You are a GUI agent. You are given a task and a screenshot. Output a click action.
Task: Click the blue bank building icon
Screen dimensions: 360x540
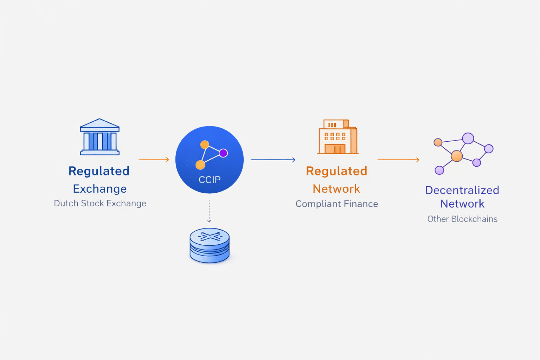pos(99,137)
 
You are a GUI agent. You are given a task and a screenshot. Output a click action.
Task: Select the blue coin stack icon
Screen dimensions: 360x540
pos(210,245)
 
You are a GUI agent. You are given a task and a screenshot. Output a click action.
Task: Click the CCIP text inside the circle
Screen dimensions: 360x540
pos(210,180)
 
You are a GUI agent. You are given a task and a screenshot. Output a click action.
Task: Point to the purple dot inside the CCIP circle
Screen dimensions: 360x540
pos(223,153)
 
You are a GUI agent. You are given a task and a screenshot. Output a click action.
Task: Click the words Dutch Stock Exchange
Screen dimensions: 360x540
pos(100,203)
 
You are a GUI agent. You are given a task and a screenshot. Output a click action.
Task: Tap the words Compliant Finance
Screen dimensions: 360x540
pos(336,204)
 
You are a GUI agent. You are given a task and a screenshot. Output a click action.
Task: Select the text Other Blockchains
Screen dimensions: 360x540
pos(462,219)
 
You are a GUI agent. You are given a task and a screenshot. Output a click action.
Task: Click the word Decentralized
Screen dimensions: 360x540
pos(462,190)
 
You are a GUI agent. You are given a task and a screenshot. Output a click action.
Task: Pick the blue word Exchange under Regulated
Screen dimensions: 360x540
pos(100,189)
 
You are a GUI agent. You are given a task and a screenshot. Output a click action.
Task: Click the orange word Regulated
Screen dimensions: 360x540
pos(336,171)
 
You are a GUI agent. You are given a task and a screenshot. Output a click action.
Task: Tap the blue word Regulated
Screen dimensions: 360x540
pos(99,171)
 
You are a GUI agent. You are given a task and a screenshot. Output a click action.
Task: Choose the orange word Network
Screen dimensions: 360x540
pos(336,189)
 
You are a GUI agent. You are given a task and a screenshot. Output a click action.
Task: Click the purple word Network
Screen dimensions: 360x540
pos(462,204)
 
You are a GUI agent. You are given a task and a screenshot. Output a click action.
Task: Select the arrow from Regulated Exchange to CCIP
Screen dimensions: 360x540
pos(154,160)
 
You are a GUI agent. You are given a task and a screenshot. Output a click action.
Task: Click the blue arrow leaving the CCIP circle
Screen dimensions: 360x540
pos(273,160)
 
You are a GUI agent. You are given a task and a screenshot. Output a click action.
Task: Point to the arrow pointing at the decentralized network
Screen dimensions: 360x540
pos(398,160)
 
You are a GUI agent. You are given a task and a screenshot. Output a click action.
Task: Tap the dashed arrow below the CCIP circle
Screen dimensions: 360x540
pos(209,211)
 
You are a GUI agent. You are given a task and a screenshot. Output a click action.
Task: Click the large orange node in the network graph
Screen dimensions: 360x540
pos(457,156)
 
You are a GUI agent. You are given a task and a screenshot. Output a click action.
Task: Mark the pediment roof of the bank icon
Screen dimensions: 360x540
pos(99,124)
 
